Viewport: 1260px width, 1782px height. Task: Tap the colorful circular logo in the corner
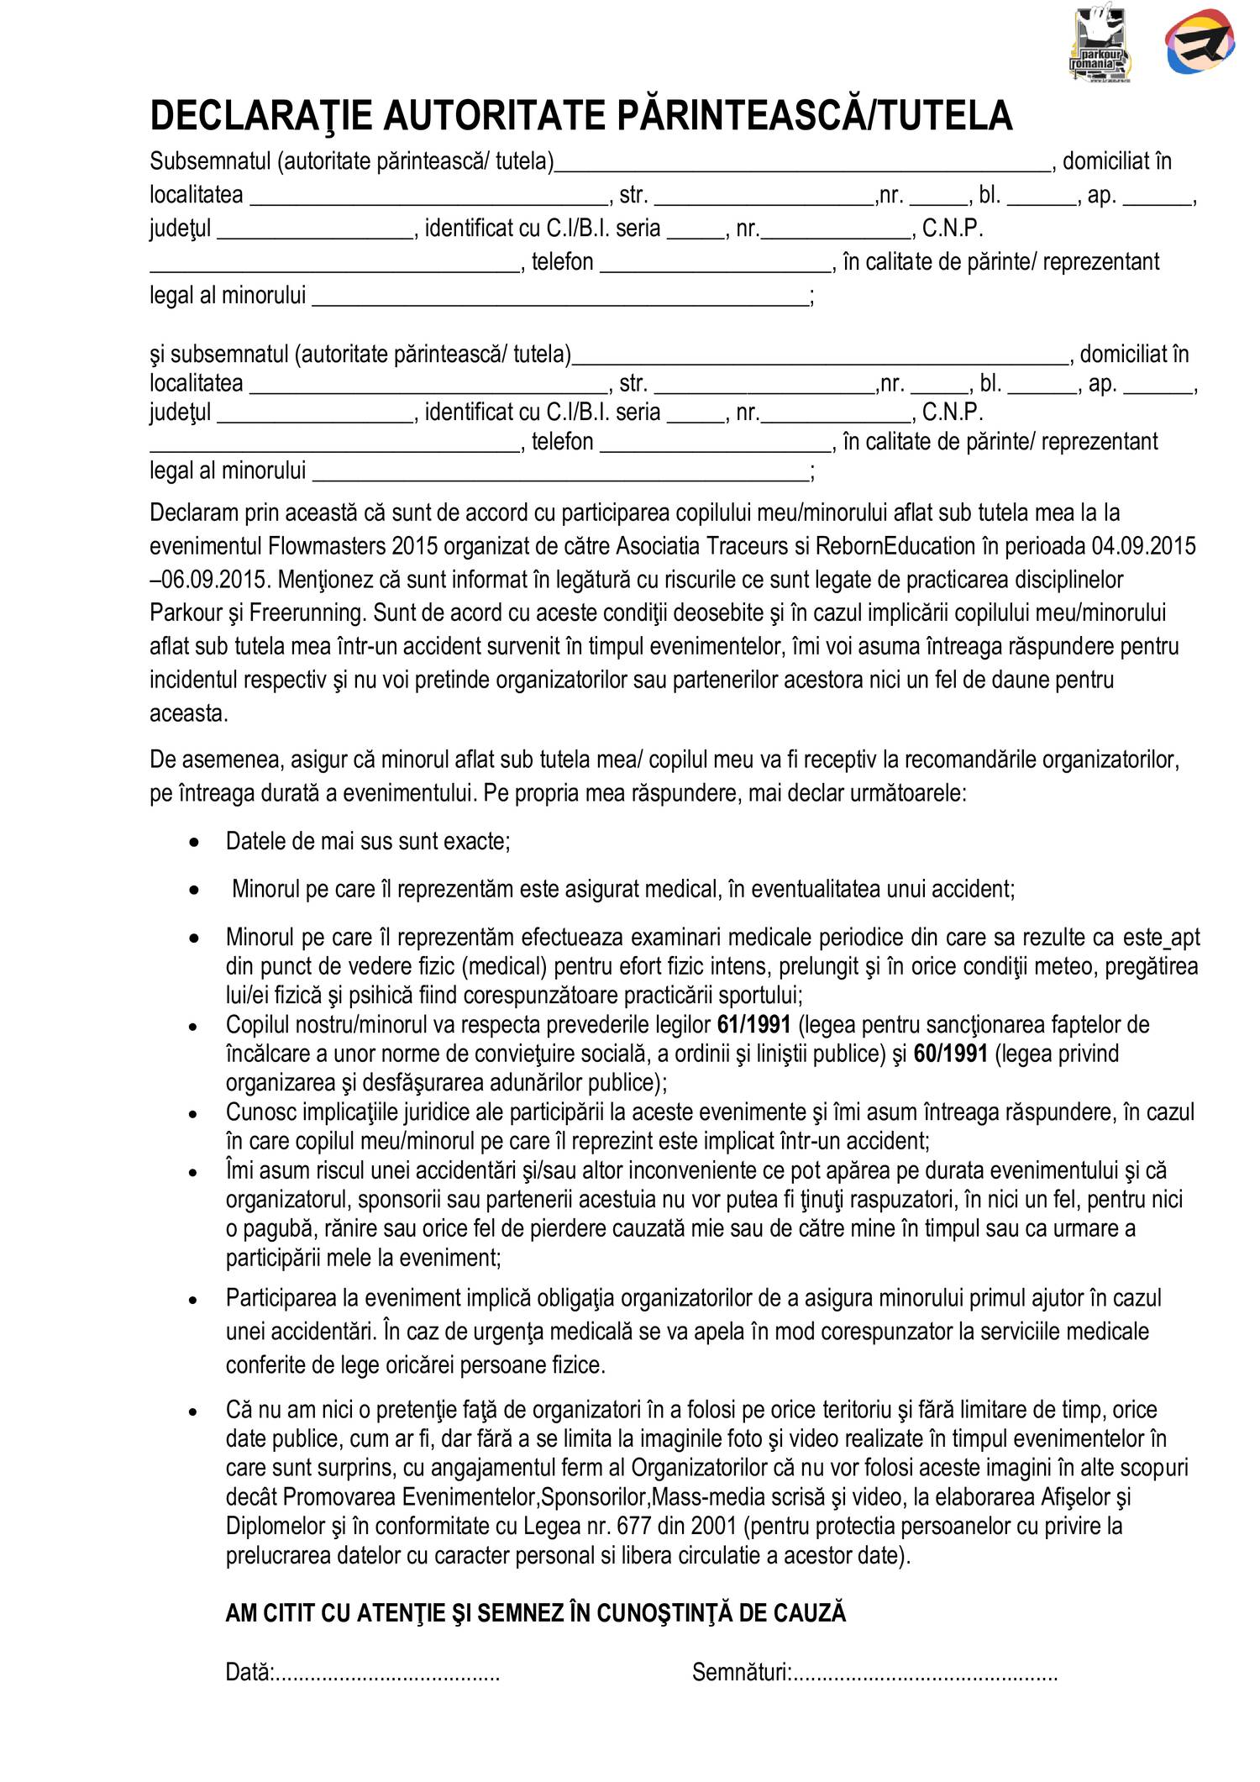[1200, 42]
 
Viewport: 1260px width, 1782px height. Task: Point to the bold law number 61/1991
[753, 1024]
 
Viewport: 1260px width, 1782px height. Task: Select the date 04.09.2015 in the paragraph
[1143, 546]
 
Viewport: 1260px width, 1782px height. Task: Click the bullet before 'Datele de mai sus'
[194, 843]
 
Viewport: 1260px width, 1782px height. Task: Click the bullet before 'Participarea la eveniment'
[194, 1300]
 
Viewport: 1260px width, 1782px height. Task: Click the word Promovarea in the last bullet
[340, 1496]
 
